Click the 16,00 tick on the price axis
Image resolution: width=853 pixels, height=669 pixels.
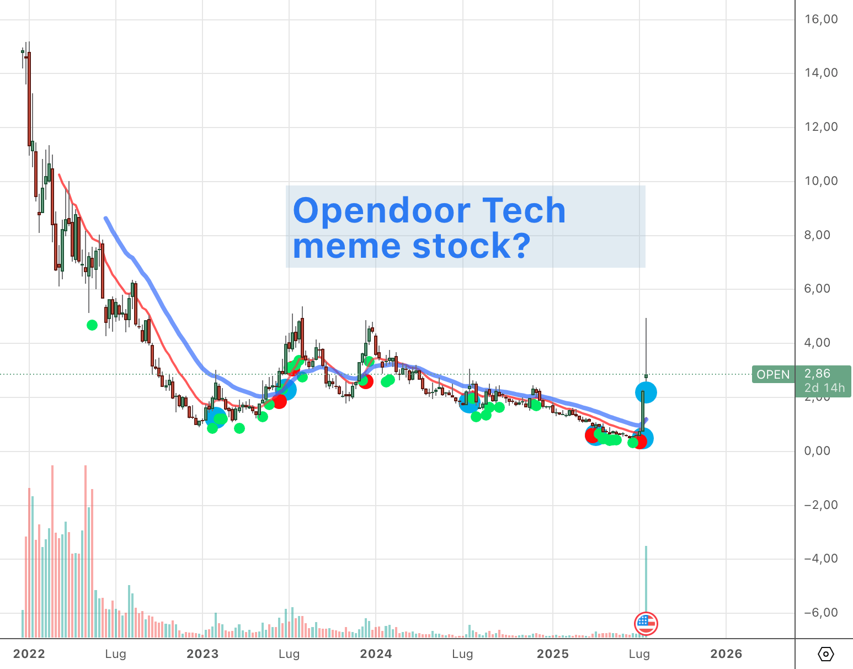(821, 19)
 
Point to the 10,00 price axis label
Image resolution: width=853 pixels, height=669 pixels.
(821, 181)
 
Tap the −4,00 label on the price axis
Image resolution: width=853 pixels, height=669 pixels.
(821, 559)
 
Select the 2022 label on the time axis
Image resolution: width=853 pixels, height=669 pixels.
(29, 654)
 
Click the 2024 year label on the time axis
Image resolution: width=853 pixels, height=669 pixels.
(376, 654)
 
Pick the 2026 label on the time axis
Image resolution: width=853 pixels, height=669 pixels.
(726, 654)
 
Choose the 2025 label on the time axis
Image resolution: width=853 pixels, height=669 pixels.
(553, 654)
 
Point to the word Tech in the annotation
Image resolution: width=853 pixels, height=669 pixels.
(524, 211)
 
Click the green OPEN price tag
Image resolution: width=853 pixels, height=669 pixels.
(773, 375)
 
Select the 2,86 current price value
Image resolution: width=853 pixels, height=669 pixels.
(817, 374)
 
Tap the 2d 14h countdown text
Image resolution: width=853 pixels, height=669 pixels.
(824, 388)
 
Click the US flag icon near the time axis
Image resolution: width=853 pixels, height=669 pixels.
(646, 624)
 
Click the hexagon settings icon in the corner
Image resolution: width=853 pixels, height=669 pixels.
(825, 655)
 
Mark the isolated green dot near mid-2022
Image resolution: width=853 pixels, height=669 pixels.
(92, 325)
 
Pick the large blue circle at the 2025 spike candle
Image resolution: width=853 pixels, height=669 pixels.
(646, 393)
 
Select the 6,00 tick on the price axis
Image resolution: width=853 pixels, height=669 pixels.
(821, 289)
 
